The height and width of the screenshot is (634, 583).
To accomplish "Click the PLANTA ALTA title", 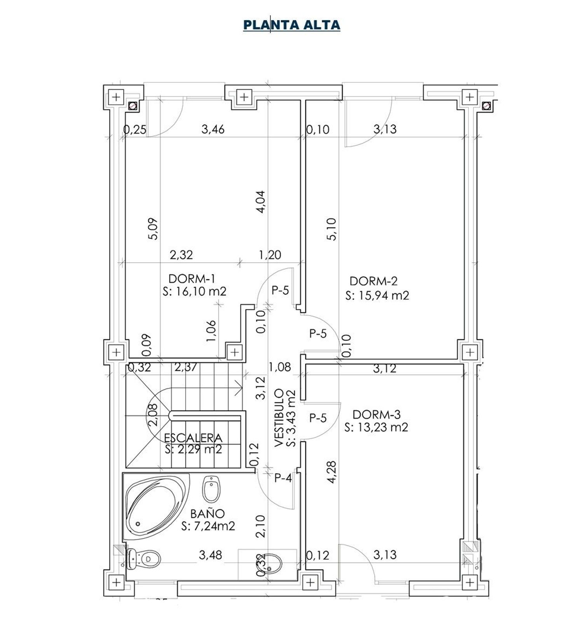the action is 291,25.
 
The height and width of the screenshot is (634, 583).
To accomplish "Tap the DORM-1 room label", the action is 192,279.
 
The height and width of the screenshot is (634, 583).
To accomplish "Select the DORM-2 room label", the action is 374,281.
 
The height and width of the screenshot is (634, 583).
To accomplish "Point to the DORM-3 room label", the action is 376,414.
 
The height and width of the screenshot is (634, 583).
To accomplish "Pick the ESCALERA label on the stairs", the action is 193,438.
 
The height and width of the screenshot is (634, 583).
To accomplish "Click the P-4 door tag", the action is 283,478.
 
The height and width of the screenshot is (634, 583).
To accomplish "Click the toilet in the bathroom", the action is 143,559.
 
